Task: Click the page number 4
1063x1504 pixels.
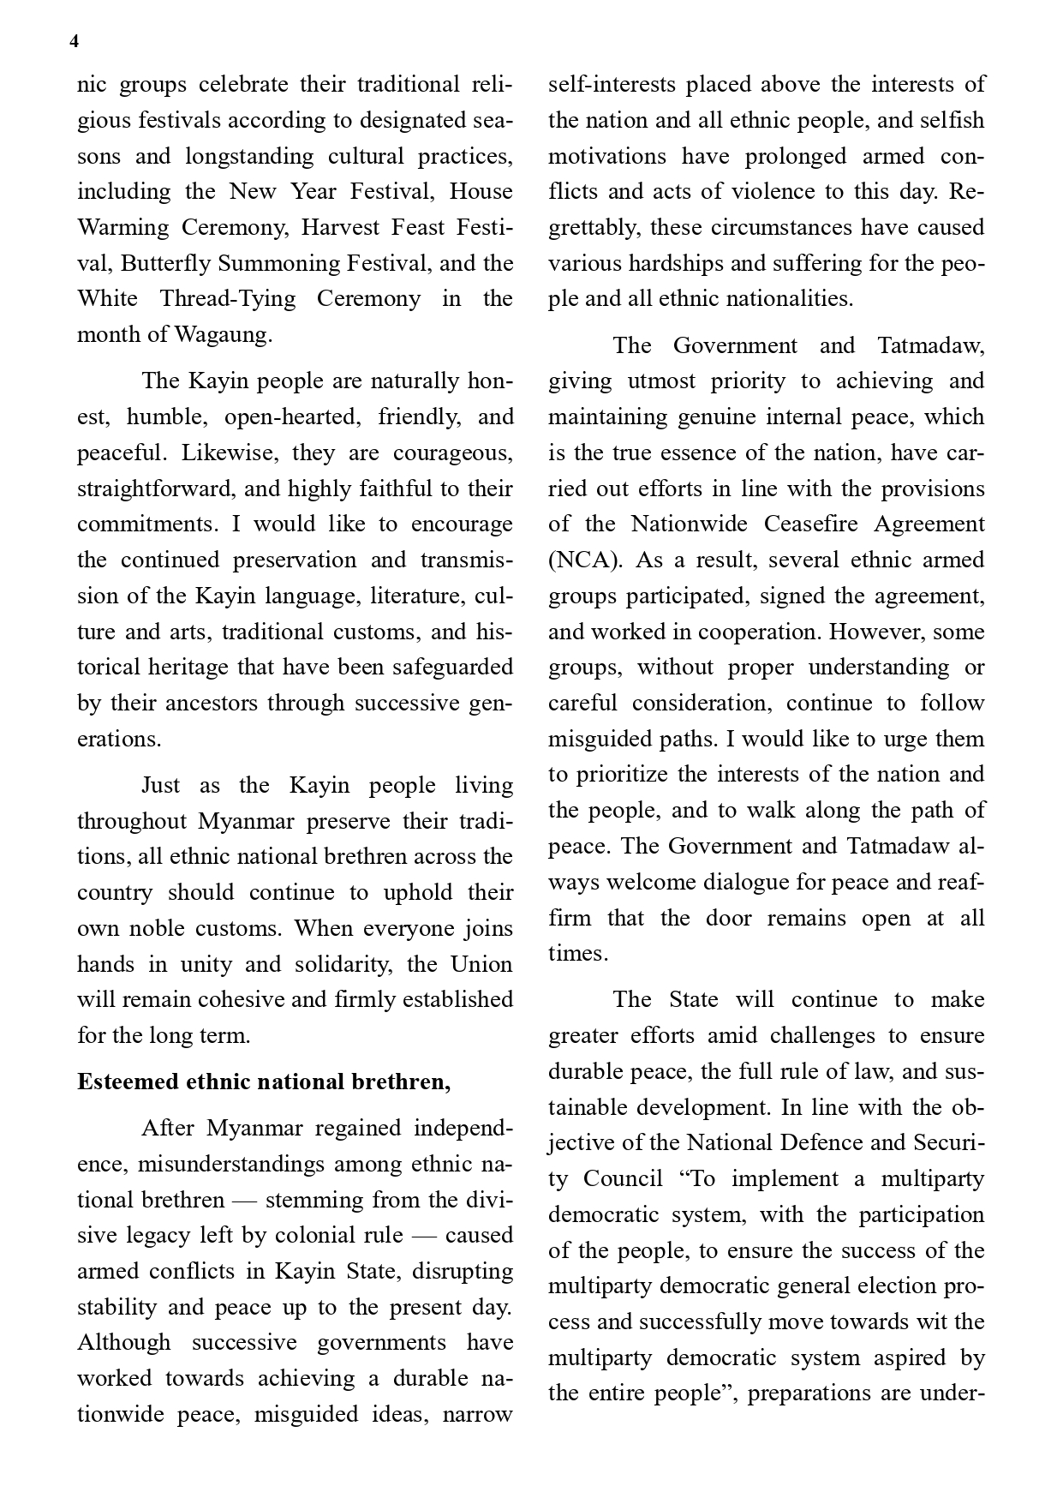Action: click(x=75, y=42)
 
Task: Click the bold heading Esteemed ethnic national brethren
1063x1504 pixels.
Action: click(x=264, y=1082)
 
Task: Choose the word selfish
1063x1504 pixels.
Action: click(x=952, y=120)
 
